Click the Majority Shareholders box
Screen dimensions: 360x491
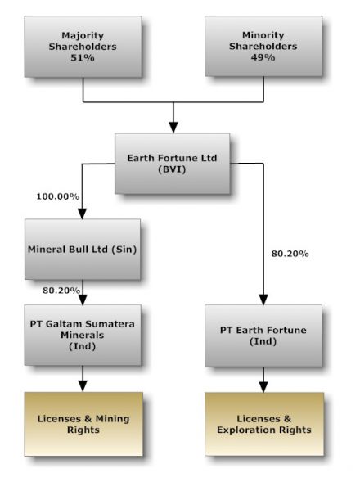click(83, 47)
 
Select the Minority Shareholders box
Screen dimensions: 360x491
click(263, 46)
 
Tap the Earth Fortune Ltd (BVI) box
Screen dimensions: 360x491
click(172, 164)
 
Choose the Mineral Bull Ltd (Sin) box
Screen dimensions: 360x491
click(83, 250)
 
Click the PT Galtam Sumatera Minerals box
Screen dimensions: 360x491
click(83, 335)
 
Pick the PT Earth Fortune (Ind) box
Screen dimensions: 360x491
click(263, 336)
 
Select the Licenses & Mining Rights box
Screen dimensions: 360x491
click(83, 424)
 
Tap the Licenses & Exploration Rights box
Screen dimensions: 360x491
click(264, 424)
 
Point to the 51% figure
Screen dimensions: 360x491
click(83, 58)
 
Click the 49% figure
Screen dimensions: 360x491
click(263, 57)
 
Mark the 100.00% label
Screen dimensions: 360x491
click(58, 196)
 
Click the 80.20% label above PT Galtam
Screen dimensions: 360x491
click(61, 291)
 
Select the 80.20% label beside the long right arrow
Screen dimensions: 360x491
click(290, 254)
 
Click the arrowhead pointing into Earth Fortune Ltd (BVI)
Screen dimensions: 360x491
click(173, 128)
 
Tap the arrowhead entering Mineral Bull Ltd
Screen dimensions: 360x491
click(83, 214)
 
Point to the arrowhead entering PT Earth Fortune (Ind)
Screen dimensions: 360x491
click(263, 300)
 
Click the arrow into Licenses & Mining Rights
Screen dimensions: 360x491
click(83, 379)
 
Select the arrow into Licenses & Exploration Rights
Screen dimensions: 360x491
click(263, 380)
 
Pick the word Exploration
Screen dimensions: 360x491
click(246, 430)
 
